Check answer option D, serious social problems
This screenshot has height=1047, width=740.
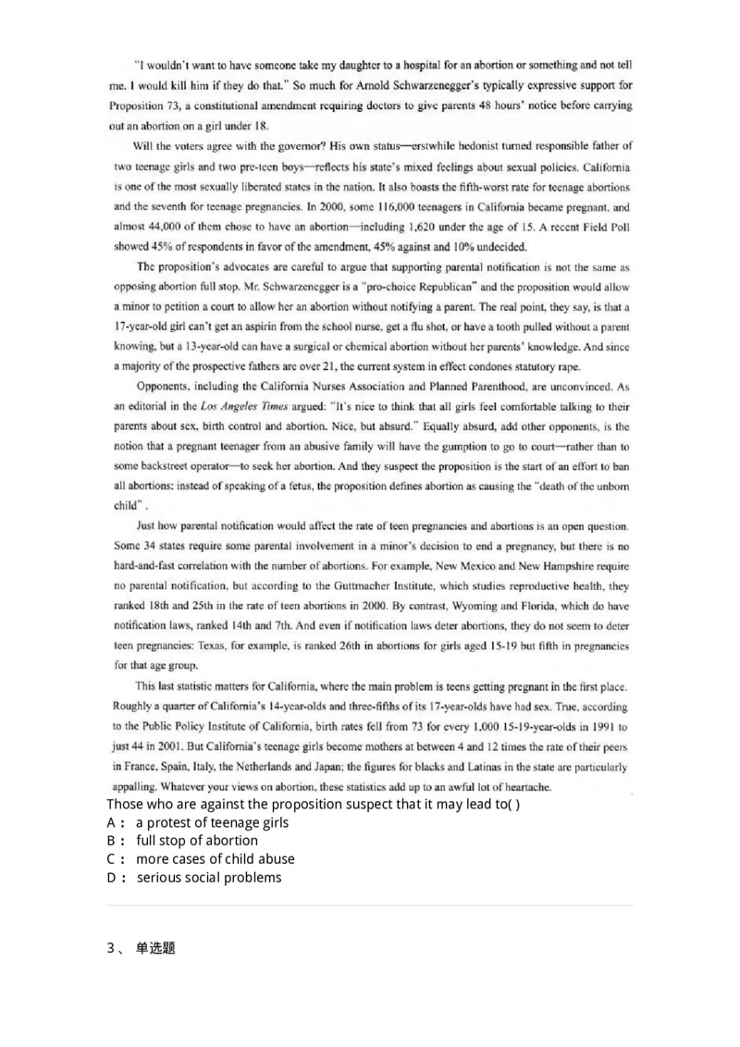(x=208, y=878)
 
